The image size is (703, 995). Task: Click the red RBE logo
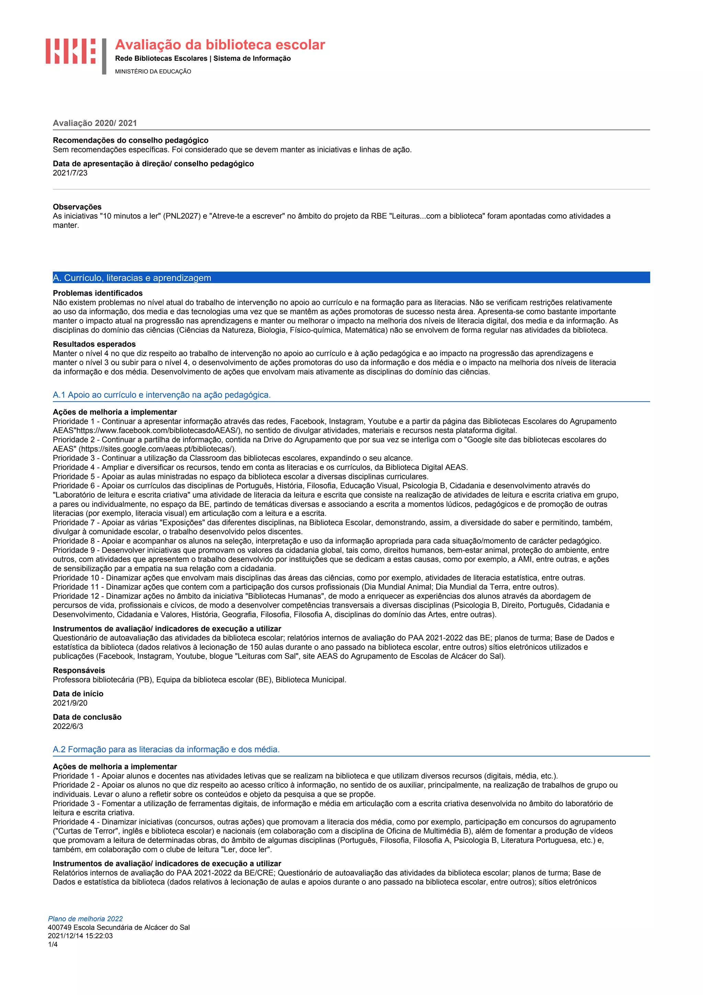(71, 51)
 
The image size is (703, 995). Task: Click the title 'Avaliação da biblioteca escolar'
(220, 45)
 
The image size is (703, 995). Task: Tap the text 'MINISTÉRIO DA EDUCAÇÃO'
(153, 71)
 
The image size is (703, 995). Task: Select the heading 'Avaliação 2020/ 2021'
(95, 123)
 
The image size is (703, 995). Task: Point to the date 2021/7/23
(70, 173)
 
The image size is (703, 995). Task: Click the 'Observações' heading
(77, 207)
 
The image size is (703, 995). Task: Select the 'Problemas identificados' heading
(97, 293)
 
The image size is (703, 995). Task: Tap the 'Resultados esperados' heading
(94, 344)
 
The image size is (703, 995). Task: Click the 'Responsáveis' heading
(79, 671)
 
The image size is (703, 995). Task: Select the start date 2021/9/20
(70, 703)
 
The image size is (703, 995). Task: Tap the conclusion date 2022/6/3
(68, 726)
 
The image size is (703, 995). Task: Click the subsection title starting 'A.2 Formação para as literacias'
(166, 749)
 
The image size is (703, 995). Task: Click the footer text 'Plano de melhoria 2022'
(85, 919)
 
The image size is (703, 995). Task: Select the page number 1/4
(53, 944)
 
